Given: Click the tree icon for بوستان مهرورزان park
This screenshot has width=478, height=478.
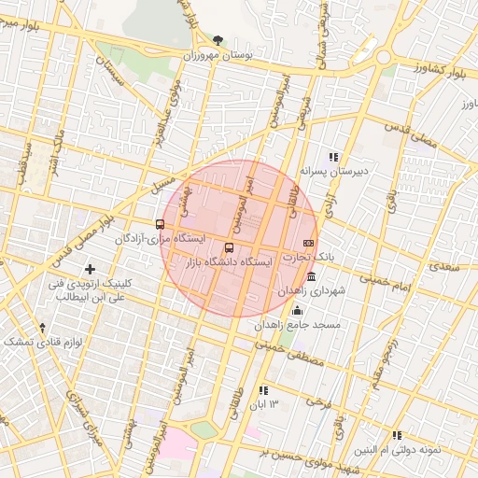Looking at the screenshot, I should tap(218, 40).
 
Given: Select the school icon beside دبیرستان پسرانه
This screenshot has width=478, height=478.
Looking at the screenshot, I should tap(332, 157).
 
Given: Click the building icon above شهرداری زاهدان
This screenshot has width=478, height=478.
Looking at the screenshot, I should tap(311, 277).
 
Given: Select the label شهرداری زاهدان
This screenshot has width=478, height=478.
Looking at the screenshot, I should tap(311, 291).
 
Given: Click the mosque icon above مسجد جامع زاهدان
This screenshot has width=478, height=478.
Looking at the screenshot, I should tap(298, 311).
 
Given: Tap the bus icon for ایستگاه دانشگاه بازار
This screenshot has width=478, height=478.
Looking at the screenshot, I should tap(230, 247).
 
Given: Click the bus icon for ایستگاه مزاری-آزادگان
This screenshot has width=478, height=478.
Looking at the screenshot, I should tap(160, 224).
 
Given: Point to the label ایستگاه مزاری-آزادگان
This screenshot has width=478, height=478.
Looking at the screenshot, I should tap(160, 239).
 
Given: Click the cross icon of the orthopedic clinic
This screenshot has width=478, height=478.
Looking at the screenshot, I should tap(90, 269).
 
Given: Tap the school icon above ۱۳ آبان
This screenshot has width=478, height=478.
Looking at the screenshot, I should tap(263, 390).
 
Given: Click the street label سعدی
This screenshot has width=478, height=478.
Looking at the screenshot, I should tap(444, 266).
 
